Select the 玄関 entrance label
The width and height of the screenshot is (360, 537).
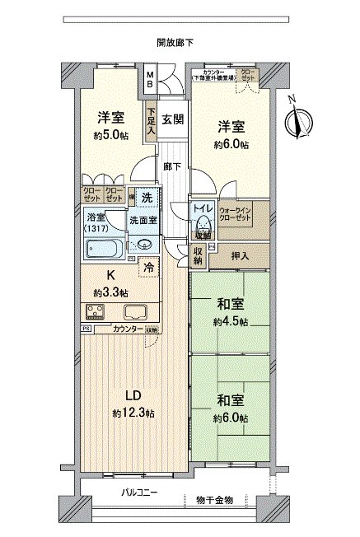pyautogui.click(x=172, y=119)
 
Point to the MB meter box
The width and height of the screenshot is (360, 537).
pyautogui.click(x=150, y=80)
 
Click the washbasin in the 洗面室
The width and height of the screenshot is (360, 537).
pyautogui.click(x=144, y=244)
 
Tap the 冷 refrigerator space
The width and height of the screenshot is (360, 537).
pyautogui.click(x=148, y=268)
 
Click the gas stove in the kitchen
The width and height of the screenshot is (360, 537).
pyautogui.click(x=96, y=312)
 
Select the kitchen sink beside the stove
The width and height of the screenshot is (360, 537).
pyautogui.click(x=134, y=312)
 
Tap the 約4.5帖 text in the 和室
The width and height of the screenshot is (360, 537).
pyautogui.click(x=231, y=321)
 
